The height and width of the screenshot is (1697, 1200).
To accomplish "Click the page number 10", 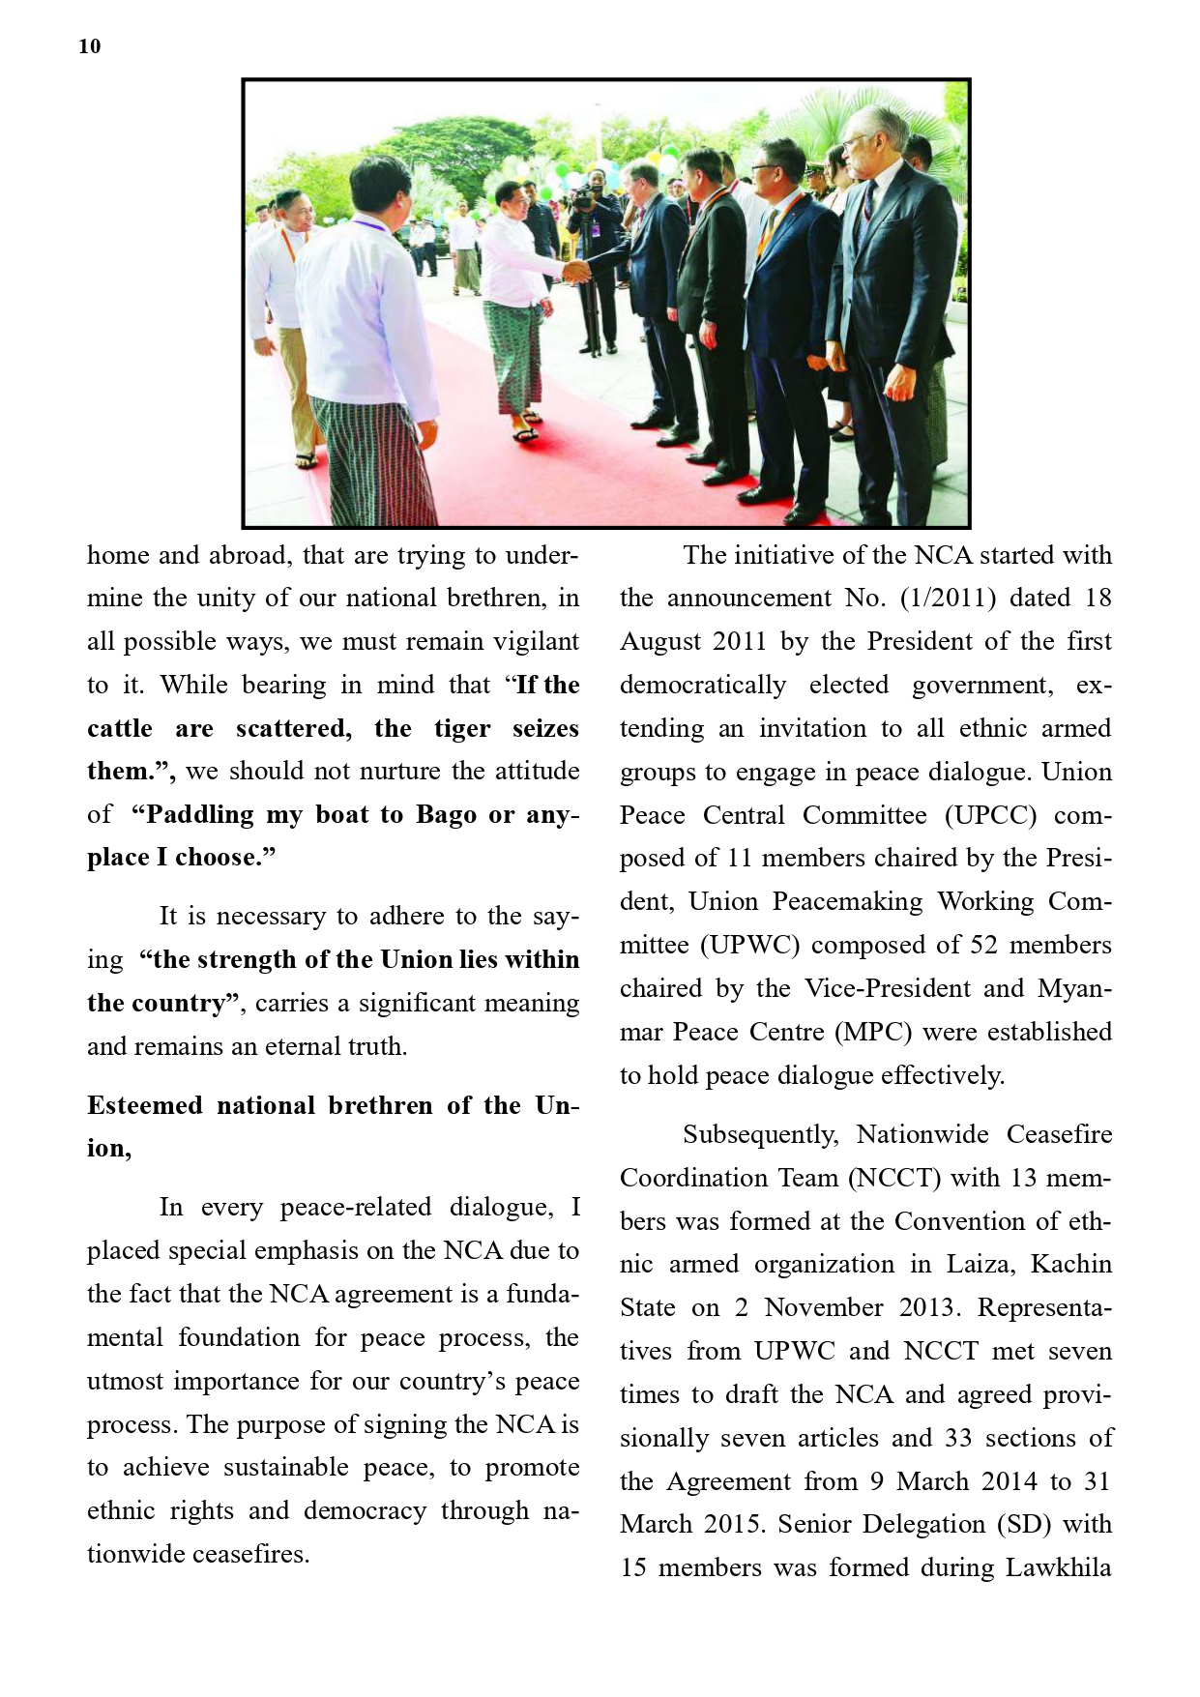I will click(89, 46).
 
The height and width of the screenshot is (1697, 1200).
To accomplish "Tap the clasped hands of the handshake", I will click(576, 272).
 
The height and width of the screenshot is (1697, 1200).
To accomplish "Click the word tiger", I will click(461, 728).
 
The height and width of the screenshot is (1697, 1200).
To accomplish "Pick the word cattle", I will click(119, 728).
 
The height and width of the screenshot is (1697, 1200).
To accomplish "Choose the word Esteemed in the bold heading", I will click(144, 1105).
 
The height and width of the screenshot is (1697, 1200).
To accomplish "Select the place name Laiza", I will click(979, 1265).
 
